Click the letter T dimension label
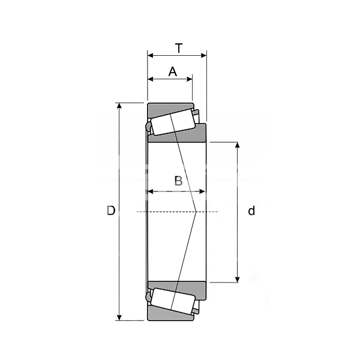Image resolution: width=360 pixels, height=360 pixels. tap(179, 48)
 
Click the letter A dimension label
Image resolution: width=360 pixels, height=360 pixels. tap(173, 71)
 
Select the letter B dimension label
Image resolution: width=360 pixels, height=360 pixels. tap(178, 181)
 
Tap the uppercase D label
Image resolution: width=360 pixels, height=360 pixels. tap(111, 211)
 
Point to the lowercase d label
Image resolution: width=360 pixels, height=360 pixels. tap(251, 211)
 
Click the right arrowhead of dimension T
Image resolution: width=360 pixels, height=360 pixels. tap(203, 55)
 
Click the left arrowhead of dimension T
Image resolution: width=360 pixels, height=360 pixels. tap(151, 55)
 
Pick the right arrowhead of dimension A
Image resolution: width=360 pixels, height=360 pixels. tap(190, 79)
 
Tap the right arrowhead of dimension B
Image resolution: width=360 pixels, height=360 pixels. tap(202, 191)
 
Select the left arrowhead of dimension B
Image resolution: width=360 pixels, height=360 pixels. tap(151, 191)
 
